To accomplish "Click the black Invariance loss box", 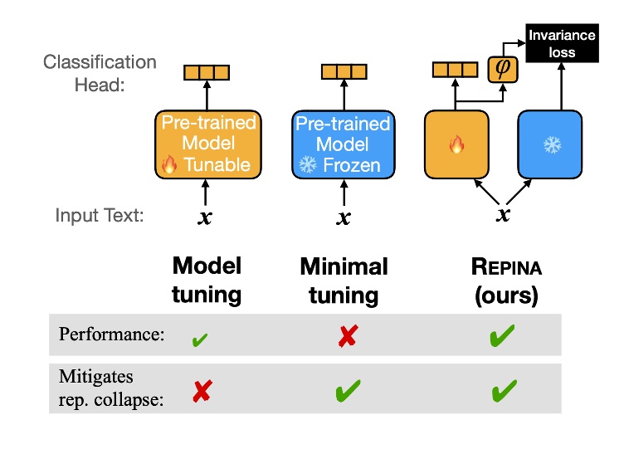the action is tap(562, 43).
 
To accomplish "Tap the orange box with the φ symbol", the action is tap(503, 69).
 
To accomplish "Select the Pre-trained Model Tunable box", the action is tap(208, 144).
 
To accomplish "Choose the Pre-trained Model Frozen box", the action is tap(344, 144).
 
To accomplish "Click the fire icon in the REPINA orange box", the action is tap(457, 144).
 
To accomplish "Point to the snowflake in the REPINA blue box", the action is tap(553, 145).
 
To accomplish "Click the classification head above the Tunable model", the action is tap(207, 72).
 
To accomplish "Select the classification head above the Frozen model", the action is tap(344, 71).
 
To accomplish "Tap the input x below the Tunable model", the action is tap(205, 217).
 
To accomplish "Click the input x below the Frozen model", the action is tap(344, 217).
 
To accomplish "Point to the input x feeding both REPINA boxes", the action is tap(504, 214).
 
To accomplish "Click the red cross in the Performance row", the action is tap(348, 336).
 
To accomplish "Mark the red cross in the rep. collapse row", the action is tap(202, 391).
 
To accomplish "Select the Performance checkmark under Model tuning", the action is tap(200, 339).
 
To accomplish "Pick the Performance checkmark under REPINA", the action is tap(502, 335).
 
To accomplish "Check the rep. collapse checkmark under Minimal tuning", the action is tap(349, 390).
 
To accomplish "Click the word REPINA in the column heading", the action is tap(507, 267).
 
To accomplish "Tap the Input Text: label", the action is tap(100, 215).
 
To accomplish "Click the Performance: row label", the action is tap(111, 334).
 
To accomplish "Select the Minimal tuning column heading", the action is tap(344, 281).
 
